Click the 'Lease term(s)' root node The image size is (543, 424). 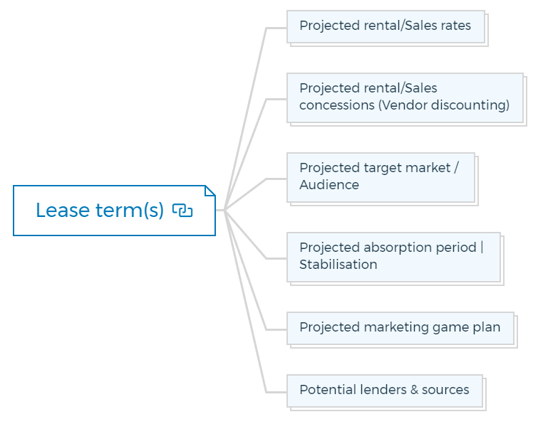[114, 211]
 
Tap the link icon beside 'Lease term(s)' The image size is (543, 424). [182, 211]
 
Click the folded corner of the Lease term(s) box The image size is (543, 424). [210, 191]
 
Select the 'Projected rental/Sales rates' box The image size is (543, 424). [386, 26]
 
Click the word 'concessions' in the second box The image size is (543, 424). [337, 105]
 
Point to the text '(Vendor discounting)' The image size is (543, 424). [444, 105]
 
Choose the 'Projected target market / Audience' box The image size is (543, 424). [381, 177]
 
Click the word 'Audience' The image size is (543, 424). [329, 185]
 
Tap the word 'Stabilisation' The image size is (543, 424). [338, 265]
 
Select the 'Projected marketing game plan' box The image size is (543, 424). [400, 328]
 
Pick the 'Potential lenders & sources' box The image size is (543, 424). [385, 391]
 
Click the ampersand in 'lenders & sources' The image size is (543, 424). [414, 390]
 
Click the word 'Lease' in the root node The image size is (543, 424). [63, 211]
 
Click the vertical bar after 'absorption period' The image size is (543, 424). [482, 248]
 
